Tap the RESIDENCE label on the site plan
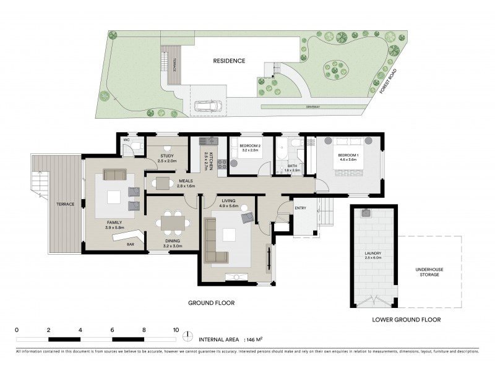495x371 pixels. [230, 61]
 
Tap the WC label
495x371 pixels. [126, 140]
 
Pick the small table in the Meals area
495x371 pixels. [163, 182]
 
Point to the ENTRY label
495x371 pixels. [301, 208]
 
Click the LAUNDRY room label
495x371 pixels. [372, 254]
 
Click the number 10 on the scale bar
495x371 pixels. [176, 329]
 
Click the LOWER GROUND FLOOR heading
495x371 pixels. [406, 320]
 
